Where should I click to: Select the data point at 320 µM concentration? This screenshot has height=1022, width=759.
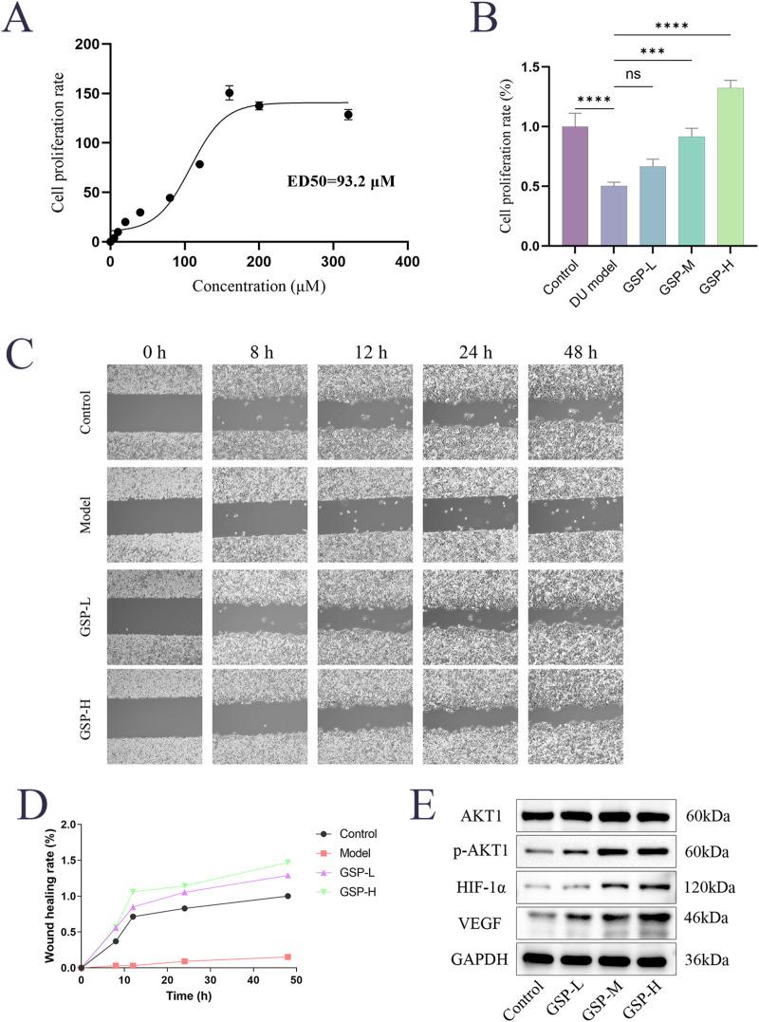coord(348,115)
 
